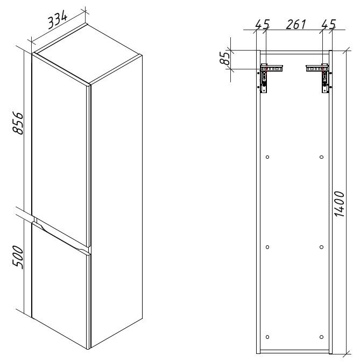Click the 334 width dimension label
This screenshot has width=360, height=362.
coord(58,20)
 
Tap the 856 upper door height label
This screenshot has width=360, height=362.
coord(18,123)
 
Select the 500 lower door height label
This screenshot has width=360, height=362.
coord(18,257)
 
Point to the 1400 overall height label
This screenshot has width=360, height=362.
coord(340,204)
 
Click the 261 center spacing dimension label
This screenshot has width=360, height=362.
coord(296,24)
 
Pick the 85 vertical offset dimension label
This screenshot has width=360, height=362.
coord(224,58)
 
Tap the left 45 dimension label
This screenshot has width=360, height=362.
coord(263,24)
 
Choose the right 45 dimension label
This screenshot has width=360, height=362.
coord(329,24)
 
